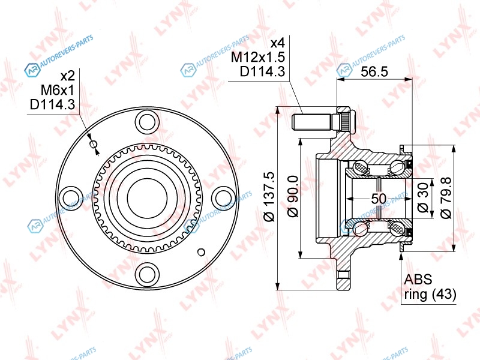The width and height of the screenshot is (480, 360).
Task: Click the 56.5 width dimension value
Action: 374,71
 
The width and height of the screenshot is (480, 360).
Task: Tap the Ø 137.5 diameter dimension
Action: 270,197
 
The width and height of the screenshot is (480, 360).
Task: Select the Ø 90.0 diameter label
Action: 293,197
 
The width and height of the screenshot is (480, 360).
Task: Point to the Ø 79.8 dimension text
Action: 446,197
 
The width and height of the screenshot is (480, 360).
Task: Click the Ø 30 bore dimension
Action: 423,198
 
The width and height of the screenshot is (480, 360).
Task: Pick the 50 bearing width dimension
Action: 379,199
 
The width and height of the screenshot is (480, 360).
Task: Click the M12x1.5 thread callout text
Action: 258,57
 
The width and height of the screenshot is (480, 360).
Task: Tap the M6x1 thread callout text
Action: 57,90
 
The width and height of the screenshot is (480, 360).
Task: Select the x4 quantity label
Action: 278,43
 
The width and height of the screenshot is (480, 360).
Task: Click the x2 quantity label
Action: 67,76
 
